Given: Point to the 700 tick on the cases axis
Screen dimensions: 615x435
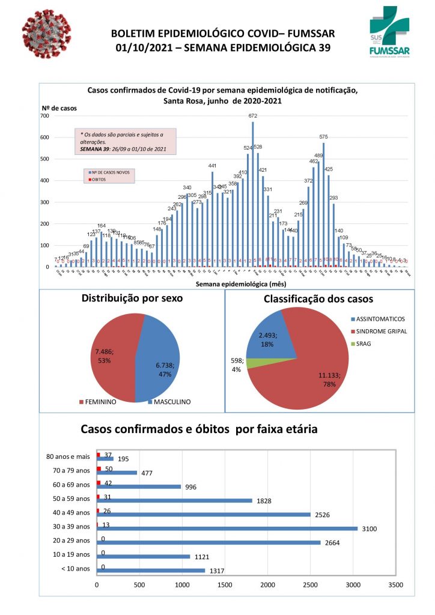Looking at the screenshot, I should (45, 116).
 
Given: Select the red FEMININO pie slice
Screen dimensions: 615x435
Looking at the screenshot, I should (111, 354).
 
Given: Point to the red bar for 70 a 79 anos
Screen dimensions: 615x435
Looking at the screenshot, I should (99, 468).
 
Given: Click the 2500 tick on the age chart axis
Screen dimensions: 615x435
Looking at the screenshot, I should (310, 583).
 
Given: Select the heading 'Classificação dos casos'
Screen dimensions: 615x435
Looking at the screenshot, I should (319, 298).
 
